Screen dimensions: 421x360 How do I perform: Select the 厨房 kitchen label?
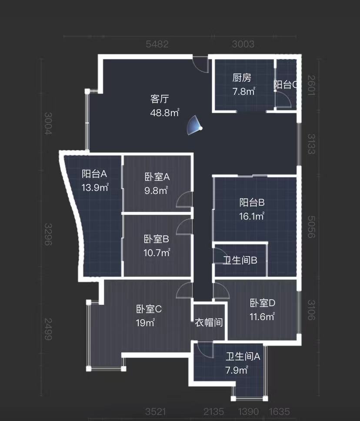pos(242,78)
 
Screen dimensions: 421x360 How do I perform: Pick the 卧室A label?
pos(157,177)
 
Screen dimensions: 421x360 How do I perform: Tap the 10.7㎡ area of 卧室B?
pos(157,253)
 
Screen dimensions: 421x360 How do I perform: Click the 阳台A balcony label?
pos(94,174)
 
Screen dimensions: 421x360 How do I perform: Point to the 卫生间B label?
pos(240,261)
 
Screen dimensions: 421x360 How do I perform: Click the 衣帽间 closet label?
pos(209,323)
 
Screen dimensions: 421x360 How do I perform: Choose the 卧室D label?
pos(263,303)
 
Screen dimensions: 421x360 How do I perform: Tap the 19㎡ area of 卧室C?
pos(146,323)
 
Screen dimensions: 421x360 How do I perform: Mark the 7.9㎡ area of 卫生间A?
pos(237,371)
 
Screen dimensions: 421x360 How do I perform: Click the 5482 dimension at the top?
pos(157,44)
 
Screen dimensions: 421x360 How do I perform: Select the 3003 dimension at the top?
pos(243,44)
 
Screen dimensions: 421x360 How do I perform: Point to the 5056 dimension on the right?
pos(310,226)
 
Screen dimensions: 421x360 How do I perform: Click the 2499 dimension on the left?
pos(48,329)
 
